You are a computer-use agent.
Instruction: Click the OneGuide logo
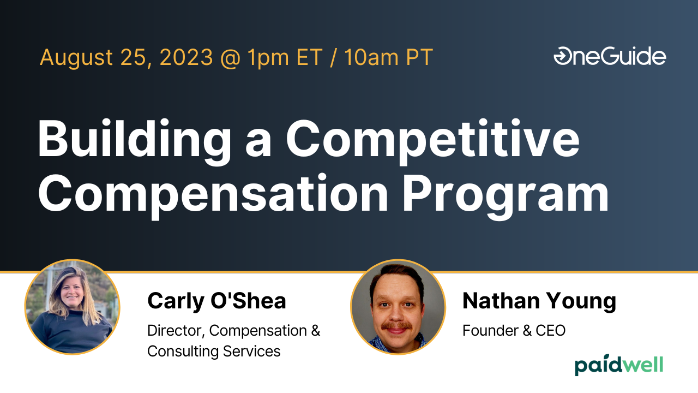pos(610,56)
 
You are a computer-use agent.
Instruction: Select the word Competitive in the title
pos(433,139)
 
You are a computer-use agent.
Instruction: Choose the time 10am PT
pos(388,57)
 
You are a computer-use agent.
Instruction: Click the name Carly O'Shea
pos(216,301)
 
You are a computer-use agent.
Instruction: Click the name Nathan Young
pos(539,301)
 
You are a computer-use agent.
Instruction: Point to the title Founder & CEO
pos(514,330)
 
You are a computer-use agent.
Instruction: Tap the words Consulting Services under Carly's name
pos(214,351)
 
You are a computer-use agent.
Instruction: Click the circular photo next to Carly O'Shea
pos(72,307)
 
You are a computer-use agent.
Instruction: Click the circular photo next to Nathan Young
pos(398,307)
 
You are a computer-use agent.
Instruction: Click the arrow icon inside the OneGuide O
pos(561,56)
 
